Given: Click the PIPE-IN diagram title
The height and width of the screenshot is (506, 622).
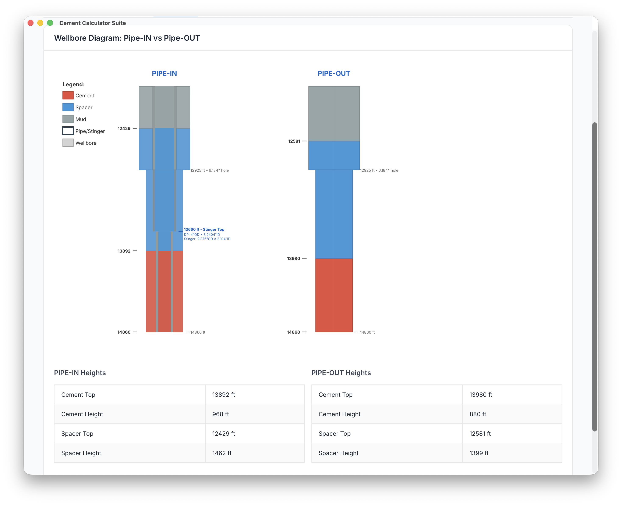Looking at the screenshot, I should pyautogui.click(x=164, y=73).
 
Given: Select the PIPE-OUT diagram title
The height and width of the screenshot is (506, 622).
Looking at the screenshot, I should pyautogui.click(x=334, y=73).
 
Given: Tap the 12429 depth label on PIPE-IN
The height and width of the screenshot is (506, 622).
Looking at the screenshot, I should pyautogui.click(x=124, y=129).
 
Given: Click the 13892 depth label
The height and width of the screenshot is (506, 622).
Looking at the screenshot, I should pyautogui.click(x=124, y=251).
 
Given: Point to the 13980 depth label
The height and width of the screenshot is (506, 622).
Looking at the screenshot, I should pyautogui.click(x=294, y=259).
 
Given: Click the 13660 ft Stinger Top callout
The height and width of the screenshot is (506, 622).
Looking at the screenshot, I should pyautogui.click(x=204, y=229).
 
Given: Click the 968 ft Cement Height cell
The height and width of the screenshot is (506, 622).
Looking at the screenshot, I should pyautogui.click(x=221, y=414).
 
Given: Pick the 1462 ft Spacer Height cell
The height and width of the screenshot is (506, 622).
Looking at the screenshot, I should pyautogui.click(x=222, y=453).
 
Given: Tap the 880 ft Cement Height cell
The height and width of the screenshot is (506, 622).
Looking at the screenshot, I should pyautogui.click(x=478, y=414).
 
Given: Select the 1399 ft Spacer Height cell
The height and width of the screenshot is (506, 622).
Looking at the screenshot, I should pyautogui.click(x=479, y=453).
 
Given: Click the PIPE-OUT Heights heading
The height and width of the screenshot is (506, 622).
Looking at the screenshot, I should pyautogui.click(x=341, y=373).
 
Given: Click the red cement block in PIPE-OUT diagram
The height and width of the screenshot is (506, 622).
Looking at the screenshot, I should pyautogui.click(x=334, y=295).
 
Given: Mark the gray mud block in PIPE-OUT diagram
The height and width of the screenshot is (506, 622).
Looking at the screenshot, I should pyautogui.click(x=334, y=114).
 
